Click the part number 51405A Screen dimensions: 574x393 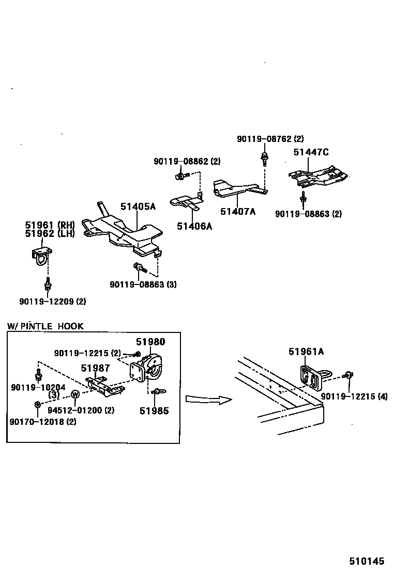pos(138,206)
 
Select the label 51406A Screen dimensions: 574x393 pos(194,226)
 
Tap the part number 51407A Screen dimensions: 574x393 pos(238,211)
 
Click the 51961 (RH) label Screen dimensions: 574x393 pos(50,225)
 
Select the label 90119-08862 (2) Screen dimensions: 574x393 pos(188,162)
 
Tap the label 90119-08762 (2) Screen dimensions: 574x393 pos(270,139)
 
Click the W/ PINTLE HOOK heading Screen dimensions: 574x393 pos(45,326)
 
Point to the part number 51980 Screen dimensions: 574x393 pos(150,342)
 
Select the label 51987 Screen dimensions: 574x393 pos(95,368)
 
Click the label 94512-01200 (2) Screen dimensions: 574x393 pos(81,410)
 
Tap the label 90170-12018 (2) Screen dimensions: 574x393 pos(42,422)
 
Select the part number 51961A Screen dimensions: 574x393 pos(306,352)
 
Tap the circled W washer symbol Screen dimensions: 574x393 pos(75,395)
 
